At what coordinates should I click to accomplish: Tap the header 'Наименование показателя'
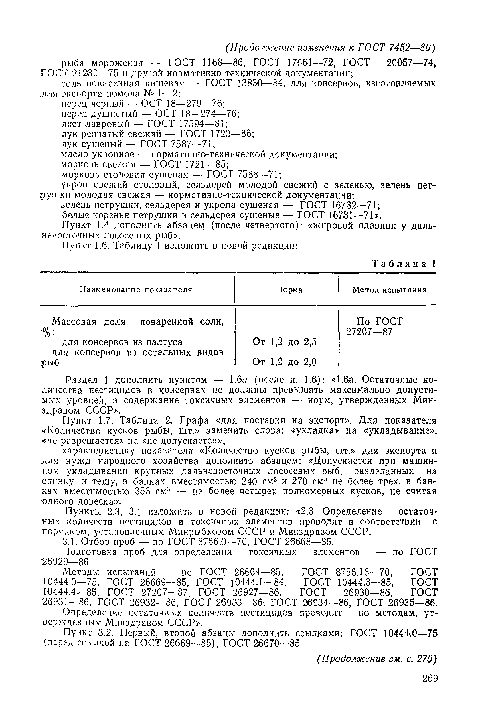[136, 289]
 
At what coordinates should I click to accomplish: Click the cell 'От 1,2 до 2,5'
[284, 342]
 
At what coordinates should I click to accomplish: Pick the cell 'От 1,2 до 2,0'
[284, 362]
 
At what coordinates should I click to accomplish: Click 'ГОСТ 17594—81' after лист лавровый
[187, 124]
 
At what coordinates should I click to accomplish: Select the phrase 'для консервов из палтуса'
[122, 342]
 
